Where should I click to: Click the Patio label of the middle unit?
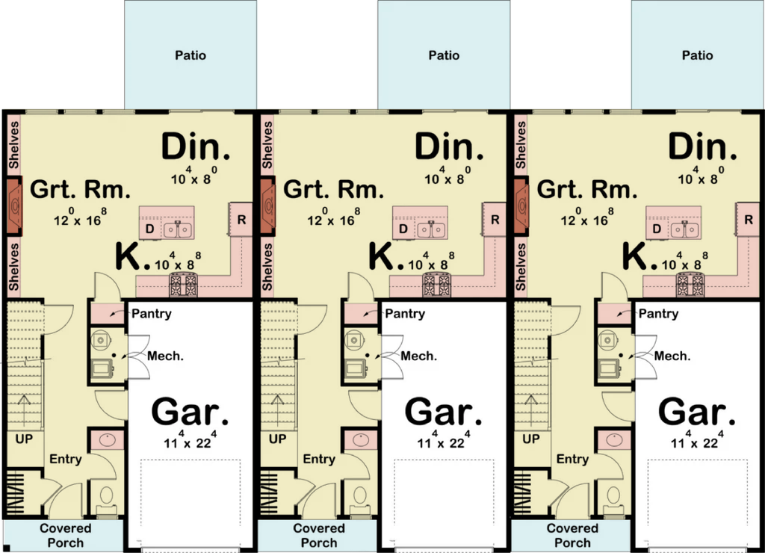coord(444,55)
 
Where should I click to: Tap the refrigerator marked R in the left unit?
coord(241,220)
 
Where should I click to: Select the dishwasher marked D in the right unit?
coord(657,229)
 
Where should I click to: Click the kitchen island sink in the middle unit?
coord(432,229)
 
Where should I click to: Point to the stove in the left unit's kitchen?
coord(184,285)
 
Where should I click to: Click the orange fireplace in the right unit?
coord(521,205)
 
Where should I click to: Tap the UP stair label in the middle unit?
coord(278,439)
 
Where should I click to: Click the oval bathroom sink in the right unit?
coord(614,439)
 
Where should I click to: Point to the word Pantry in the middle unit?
coord(405,313)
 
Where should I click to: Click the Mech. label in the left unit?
coord(165,356)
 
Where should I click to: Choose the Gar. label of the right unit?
coord(697,413)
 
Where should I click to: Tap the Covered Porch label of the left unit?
coord(66,535)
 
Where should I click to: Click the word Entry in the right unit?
coord(573,460)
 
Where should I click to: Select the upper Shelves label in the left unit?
coord(13,146)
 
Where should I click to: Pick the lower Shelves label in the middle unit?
coord(267,267)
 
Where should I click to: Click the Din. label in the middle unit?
coord(449,146)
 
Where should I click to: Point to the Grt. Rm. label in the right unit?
coord(587,189)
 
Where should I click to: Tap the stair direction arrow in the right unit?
coord(531,410)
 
